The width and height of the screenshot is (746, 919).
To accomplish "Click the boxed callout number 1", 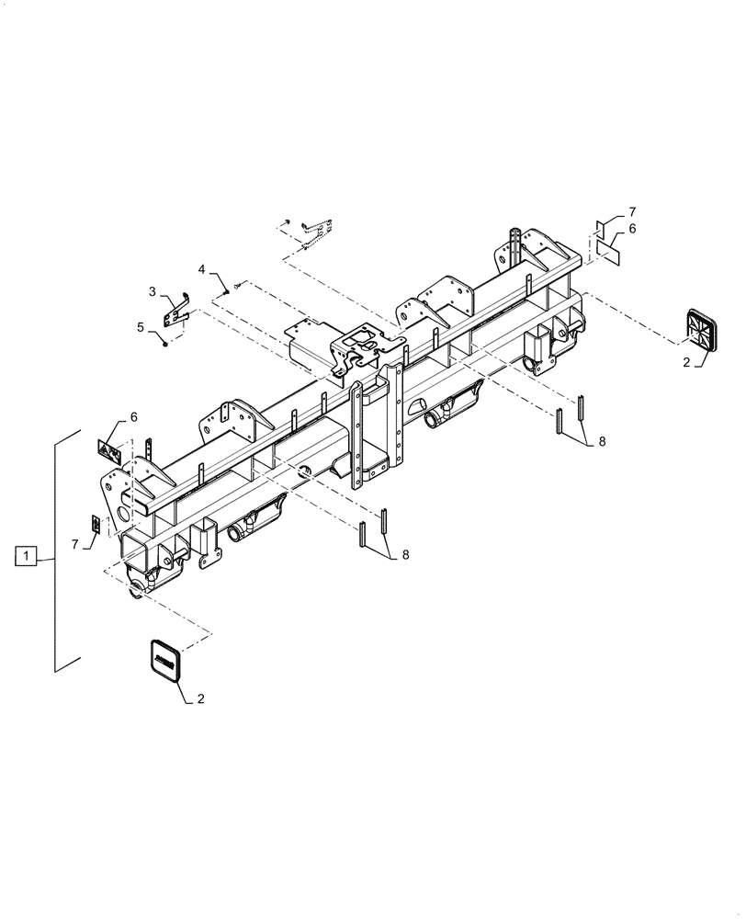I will click(27, 556).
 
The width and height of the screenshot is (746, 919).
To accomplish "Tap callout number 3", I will click(153, 291).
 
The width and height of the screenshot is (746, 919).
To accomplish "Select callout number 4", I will click(201, 269).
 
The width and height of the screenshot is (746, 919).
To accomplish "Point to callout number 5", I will click(140, 326).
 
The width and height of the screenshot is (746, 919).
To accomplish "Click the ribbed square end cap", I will click(703, 328).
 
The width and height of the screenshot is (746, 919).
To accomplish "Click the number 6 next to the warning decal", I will click(134, 417).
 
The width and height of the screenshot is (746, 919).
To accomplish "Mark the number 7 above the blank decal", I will click(632, 212).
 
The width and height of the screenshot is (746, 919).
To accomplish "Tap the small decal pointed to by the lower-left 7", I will click(96, 524).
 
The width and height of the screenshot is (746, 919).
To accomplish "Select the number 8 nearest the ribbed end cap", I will click(602, 442).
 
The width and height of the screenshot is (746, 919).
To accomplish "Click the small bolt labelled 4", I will click(237, 286).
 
